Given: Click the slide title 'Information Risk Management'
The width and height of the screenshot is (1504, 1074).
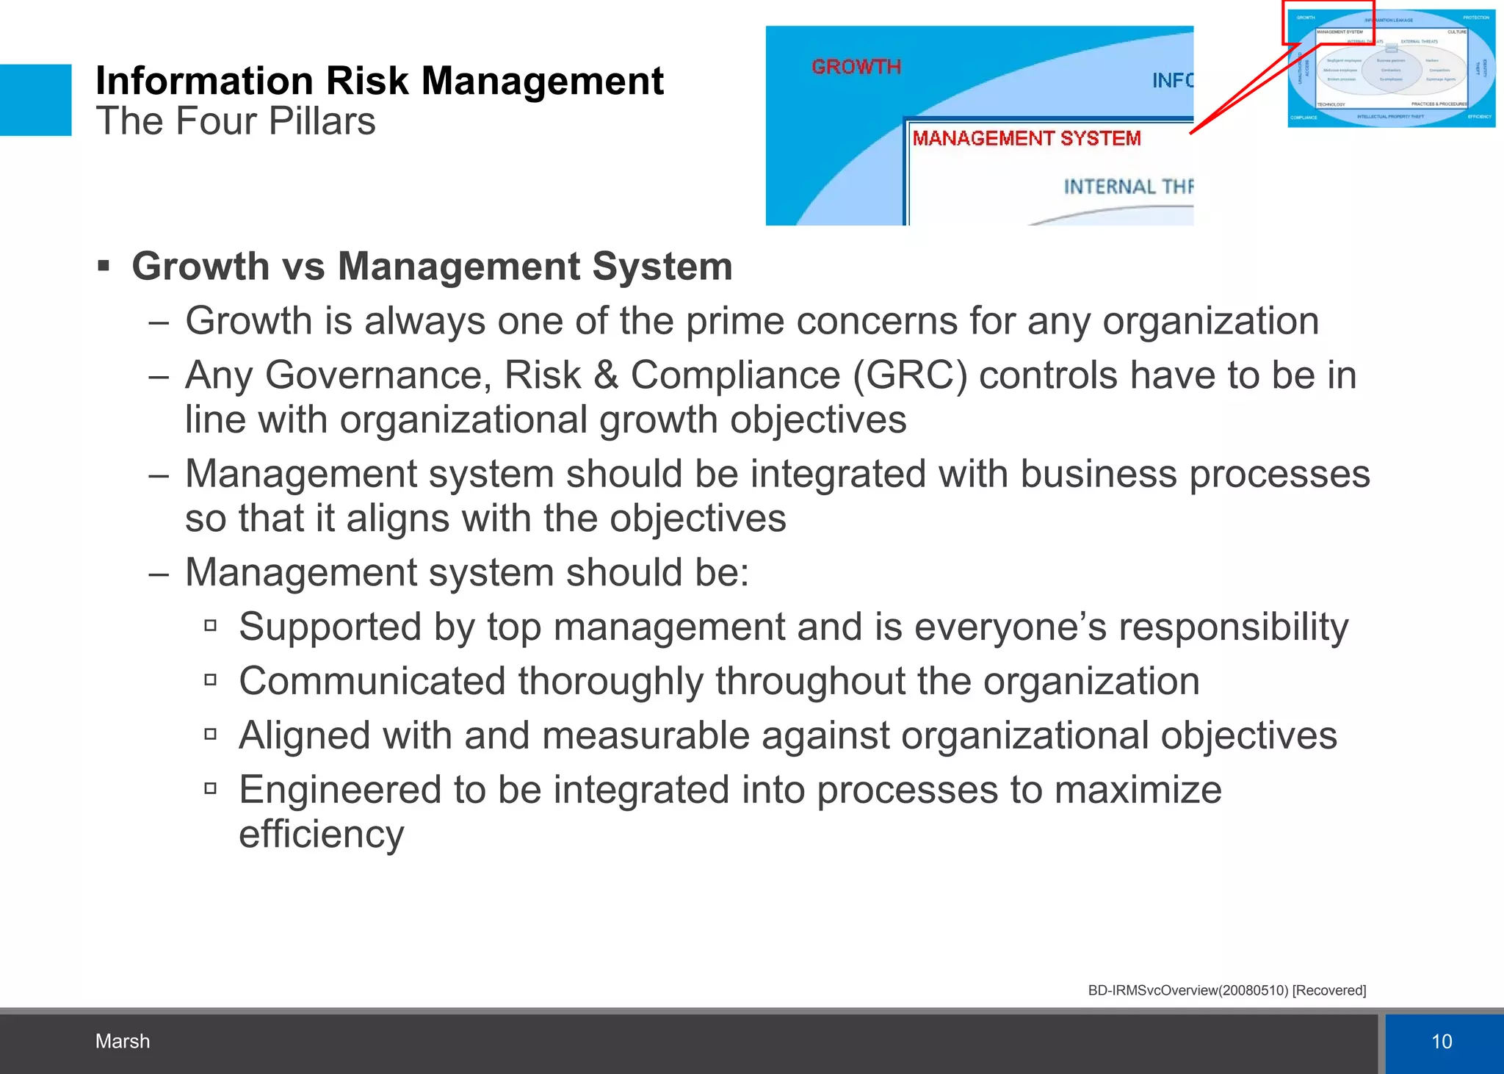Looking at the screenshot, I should (379, 81).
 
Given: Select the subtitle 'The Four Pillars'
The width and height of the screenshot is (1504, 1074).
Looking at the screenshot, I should (235, 122).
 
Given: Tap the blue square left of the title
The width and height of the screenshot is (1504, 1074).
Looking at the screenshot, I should (35, 100).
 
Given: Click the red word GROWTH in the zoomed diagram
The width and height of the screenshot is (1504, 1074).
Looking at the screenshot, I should (856, 67).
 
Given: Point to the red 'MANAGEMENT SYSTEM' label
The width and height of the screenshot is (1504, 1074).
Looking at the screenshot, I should (1026, 138).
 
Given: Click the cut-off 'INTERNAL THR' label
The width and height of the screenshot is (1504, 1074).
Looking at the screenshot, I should (1128, 187).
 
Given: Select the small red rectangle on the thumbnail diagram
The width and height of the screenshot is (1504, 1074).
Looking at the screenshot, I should (1328, 23).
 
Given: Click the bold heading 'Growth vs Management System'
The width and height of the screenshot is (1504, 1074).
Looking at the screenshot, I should (432, 266).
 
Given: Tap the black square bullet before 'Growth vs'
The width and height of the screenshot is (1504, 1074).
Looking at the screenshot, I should (104, 265).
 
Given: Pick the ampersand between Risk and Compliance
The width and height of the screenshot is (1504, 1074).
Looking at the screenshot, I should (605, 375).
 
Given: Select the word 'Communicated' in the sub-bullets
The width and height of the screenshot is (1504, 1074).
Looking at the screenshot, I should (372, 681).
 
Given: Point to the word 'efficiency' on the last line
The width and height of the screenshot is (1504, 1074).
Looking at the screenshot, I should (321, 835).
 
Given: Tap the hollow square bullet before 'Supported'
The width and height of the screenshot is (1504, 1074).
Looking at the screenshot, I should (211, 626).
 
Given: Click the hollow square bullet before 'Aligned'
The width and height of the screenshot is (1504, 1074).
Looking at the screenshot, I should (211, 734).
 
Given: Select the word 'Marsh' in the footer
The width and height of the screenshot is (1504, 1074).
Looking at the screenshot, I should (122, 1041).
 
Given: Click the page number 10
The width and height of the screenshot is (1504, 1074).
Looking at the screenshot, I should (1442, 1041).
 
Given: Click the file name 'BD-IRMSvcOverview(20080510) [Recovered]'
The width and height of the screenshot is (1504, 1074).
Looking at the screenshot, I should (1226, 990).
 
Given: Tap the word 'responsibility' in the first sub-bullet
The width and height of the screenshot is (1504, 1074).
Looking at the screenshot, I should (1233, 627).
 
